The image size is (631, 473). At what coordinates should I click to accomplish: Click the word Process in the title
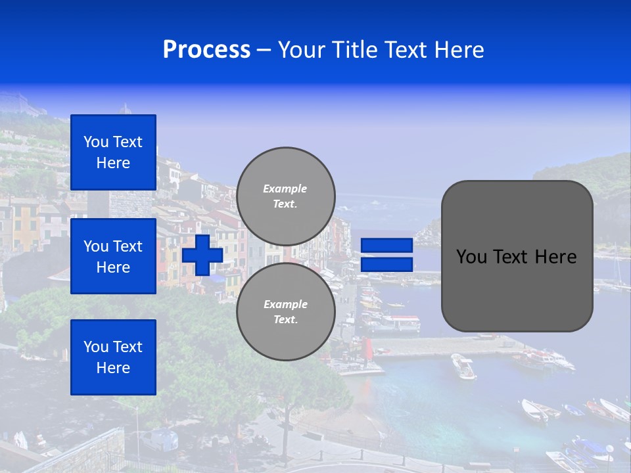point(206,50)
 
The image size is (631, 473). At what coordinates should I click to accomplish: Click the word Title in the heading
point(353,50)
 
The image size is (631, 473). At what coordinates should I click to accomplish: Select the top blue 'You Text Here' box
point(113,152)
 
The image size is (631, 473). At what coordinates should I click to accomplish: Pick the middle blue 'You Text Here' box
point(113,256)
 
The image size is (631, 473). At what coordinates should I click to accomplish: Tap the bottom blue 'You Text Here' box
point(113,357)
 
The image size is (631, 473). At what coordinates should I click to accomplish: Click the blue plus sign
point(202,255)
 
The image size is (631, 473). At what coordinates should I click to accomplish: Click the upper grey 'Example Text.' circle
point(286,196)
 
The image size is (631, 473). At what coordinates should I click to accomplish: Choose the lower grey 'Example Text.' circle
point(286,312)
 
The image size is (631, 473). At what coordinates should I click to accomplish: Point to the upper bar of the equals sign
point(386,246)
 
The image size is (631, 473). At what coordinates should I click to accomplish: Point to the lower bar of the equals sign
point(386,265)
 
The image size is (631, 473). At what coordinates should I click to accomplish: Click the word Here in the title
point(459,50)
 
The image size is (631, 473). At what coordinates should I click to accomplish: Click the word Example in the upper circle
point(285,189)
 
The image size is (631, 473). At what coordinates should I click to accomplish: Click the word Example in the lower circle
point(285,304)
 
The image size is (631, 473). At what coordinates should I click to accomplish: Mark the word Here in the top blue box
point(113,163)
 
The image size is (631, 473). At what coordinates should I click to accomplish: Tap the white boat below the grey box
point(463,366)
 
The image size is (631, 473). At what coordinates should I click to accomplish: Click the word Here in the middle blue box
point(113,267)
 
